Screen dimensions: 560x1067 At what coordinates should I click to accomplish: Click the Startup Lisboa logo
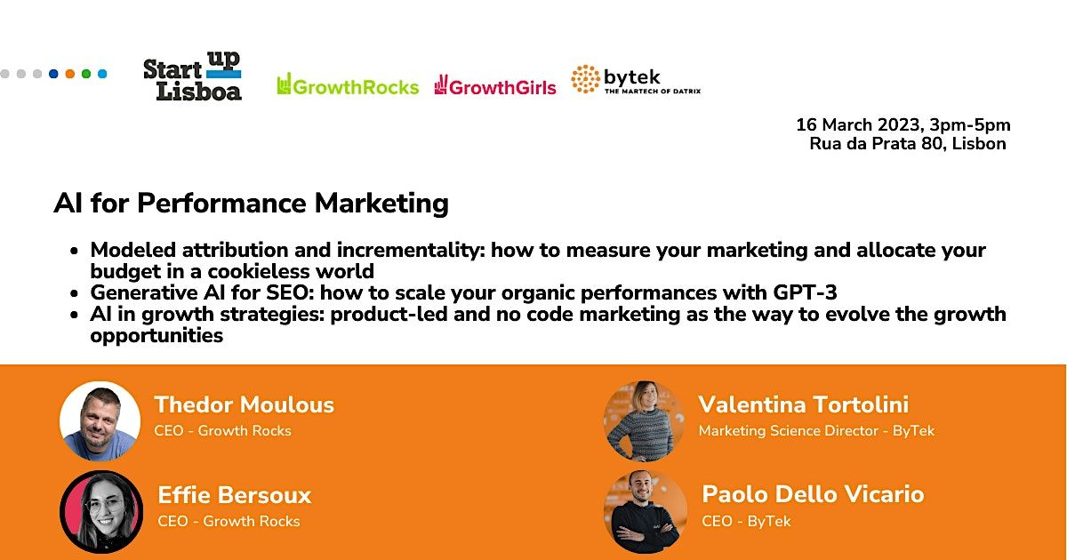[x=192, y=76]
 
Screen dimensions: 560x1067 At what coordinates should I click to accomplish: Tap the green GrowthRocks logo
[x=348, y=85]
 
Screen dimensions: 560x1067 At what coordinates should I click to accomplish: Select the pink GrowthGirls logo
[x=495, y=85]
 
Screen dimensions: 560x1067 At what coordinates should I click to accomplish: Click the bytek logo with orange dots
[x=635, y=80]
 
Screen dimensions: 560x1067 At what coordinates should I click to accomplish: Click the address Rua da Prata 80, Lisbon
[x=908, y=144]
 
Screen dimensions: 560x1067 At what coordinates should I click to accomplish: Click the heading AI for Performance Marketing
[x=251, y=204]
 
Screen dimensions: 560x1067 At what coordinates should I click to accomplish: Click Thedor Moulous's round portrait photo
[x=100, y=421]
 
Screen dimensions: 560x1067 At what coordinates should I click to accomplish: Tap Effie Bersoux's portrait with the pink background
[x=101, y=511]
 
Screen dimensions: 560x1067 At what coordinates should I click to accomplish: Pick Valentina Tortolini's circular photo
[x=645, y=421]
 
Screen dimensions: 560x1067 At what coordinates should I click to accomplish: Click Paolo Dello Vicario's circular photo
[x=645, y=511]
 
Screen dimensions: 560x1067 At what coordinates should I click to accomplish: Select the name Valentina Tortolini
[x=803, y=404]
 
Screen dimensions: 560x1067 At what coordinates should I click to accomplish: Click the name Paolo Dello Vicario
[x=813, y=494]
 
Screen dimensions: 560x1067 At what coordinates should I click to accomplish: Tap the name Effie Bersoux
[x=235, y=495]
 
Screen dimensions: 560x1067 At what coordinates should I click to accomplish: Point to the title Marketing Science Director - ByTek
[x=816, y=431]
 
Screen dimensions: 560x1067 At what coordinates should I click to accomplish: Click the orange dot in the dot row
[x=69, y=74]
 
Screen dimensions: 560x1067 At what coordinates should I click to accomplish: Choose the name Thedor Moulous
[x=245, y=404]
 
